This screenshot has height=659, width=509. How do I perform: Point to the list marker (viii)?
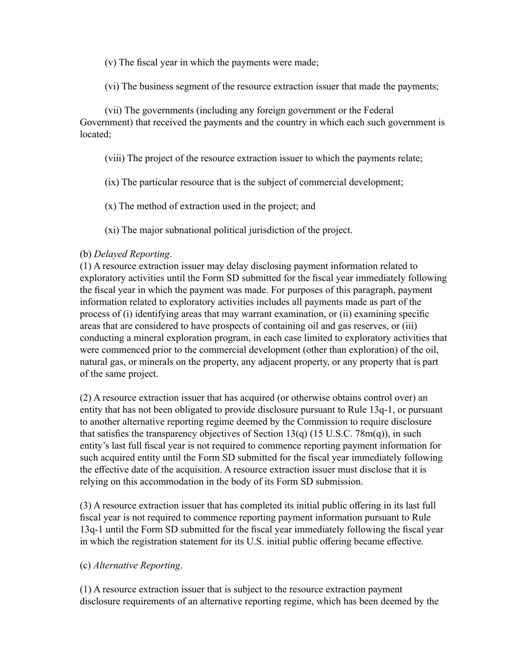coord(114,159)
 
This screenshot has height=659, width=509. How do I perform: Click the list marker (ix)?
coord(112,182)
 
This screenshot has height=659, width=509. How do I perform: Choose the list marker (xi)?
coord(112,230)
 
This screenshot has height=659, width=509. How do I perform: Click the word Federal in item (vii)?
coord(378,110)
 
